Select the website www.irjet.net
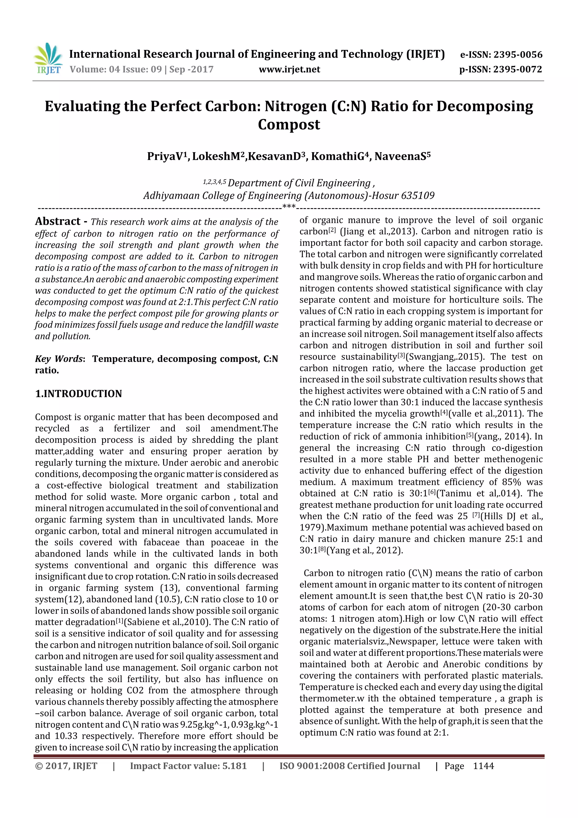pos(289,69)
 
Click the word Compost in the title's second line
pos(289,124)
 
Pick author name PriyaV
pos(167,156)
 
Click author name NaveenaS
pos(402,156)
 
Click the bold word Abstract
pos(58,221)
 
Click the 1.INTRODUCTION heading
pos(78,394)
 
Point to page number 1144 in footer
pos(483,766)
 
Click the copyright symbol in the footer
pos(38,766)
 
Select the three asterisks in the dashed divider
pos(289,206)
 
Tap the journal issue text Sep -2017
pos(191,69)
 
